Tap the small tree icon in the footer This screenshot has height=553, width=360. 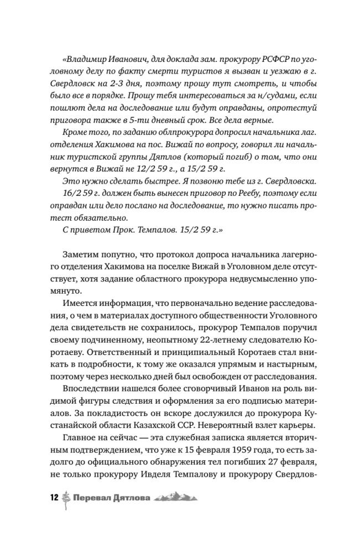coord(66,498)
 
